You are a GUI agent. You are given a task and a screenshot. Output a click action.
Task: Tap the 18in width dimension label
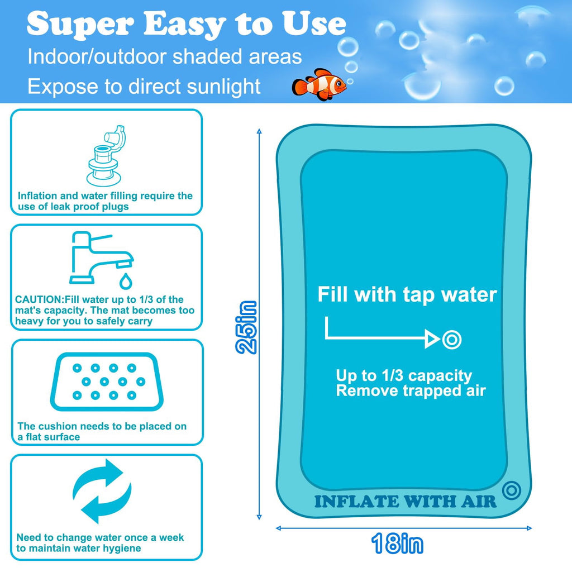(397, 544)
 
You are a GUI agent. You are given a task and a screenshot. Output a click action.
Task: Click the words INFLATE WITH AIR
(405, 501)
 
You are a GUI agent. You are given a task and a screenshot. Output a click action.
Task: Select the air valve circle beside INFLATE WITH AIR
(511, 490)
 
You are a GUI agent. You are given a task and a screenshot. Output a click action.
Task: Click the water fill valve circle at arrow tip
(451, 339)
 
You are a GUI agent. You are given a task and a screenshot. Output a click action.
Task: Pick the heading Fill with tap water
(407, 294)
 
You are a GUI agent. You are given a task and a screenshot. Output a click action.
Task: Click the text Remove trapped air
(411, 391)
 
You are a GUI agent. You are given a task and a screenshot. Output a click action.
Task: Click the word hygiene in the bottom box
(122, 549)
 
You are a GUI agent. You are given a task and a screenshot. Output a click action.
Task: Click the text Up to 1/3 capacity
(404, 375)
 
